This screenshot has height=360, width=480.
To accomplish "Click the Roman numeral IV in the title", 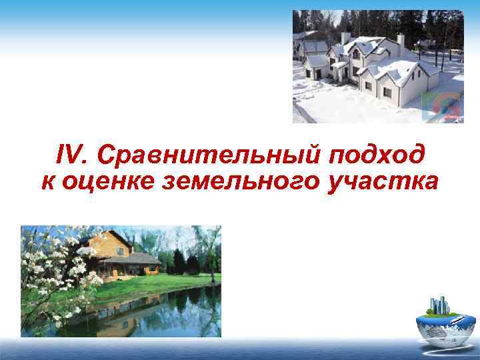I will [x=71, y=155].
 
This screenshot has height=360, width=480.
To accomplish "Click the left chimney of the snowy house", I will [x=345, y=37].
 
